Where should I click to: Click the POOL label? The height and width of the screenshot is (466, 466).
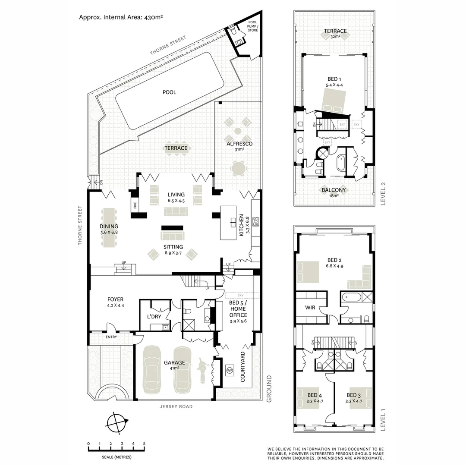click(169, 92)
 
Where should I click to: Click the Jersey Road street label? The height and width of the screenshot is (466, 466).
click(176, 406)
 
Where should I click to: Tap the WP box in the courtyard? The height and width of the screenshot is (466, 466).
click(229, 370)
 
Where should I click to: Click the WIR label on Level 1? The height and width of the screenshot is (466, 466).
click(311, 308)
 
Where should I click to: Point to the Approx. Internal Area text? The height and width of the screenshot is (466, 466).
click(120, 17)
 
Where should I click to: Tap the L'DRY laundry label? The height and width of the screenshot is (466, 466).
click(154, 317)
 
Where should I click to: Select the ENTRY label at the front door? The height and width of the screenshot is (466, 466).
click(111, 337)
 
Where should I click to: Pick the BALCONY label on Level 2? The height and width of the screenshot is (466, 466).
click(334, 190)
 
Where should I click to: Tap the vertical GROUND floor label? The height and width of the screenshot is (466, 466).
click(269, 388)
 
